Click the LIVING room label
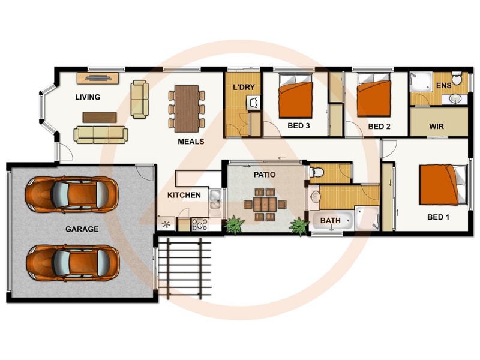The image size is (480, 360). point(88,97)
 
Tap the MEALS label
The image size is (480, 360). point(191,142)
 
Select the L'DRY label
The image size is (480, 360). point(244,88)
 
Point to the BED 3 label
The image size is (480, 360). point(299,127)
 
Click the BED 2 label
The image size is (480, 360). point(379,127)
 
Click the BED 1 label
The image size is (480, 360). point(438,217)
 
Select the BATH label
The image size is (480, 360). point(330,221)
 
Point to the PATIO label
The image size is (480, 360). point(265,175)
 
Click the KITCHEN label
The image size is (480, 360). point(184,196)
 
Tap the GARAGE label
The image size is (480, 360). point(82,229)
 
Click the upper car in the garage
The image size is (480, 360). point(71,194)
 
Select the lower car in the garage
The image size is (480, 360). point(72,262)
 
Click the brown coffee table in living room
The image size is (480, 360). point(99,117)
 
